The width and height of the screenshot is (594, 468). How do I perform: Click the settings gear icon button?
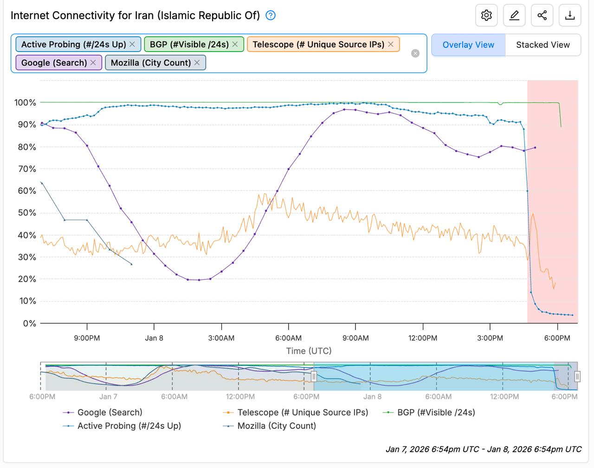tap(486, 15)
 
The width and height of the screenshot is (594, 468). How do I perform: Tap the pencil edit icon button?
tap(514, 15)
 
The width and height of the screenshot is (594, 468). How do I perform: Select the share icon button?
tap(542, 15)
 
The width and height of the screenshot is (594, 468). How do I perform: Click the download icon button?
tap(570, 15)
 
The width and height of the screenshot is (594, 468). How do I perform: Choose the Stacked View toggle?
tap(542, 45)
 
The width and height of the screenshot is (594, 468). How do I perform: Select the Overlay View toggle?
tap(468, 45)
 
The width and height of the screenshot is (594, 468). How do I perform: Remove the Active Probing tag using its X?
tap(132, 44)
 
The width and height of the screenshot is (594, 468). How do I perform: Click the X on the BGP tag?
tap(235, 44)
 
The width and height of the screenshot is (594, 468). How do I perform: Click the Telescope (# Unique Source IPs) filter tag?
tap(318, 44)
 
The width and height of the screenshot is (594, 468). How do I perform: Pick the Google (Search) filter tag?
tap(54, 63)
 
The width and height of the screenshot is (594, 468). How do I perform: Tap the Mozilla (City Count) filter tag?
tap(151, 63)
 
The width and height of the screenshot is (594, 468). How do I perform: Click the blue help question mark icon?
tap(271, 15)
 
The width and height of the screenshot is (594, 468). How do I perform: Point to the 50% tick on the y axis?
tap(26, 213)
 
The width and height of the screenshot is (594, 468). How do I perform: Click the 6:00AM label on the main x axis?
tap(288, 338)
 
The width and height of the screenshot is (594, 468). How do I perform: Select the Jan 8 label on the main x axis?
tap(154, 338)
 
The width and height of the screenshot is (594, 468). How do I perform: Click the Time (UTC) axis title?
tap(309, 351)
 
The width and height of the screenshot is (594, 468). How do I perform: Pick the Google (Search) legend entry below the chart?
tap(110, 412)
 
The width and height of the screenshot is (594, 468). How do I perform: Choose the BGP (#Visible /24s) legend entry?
tap(436, 412)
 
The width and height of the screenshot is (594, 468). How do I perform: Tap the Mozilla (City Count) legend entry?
tap(276, 426)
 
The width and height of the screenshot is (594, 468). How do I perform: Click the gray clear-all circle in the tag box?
tap(415, 53)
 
